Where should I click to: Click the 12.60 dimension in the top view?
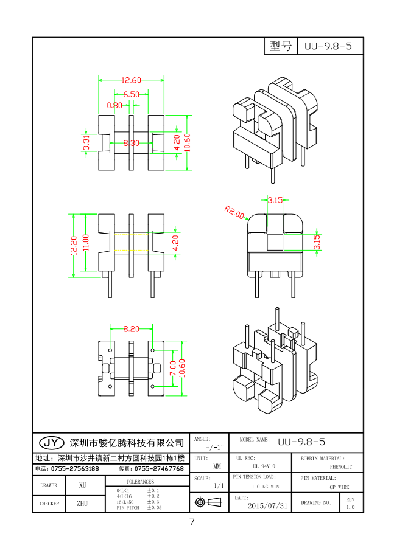tap(131, 80)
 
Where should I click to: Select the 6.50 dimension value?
tap(131, 94)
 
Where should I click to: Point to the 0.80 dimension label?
tap(114, 105)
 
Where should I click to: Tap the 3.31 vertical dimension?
tap(86, 144)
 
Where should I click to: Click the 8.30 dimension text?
tap(131, 144)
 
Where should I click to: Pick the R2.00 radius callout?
tap(234, 212)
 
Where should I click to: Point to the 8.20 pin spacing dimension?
tap(131, 329)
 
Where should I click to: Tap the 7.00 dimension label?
tap(172, 368)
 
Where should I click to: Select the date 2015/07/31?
tap(267, 505)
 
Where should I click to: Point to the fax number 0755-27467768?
tap(158, 469)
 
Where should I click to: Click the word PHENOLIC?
tap(341, 467)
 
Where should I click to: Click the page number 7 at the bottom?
tap(191, 522)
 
